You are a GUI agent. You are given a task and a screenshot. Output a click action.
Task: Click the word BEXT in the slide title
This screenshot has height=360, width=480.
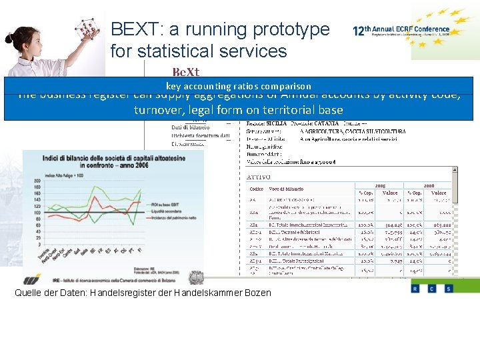tap(134, 29)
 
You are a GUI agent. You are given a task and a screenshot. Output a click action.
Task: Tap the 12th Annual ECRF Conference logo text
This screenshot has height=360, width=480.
tap(401, 31)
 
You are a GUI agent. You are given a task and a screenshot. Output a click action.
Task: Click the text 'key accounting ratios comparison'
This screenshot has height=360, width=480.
tap(239, 86)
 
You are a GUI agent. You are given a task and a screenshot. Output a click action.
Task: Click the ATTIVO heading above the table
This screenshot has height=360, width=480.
tap(259, 177)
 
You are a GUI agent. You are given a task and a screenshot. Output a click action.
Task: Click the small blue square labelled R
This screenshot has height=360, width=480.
tap(415, 288)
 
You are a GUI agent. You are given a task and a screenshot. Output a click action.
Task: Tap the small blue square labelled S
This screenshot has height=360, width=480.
tap(448, 288)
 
